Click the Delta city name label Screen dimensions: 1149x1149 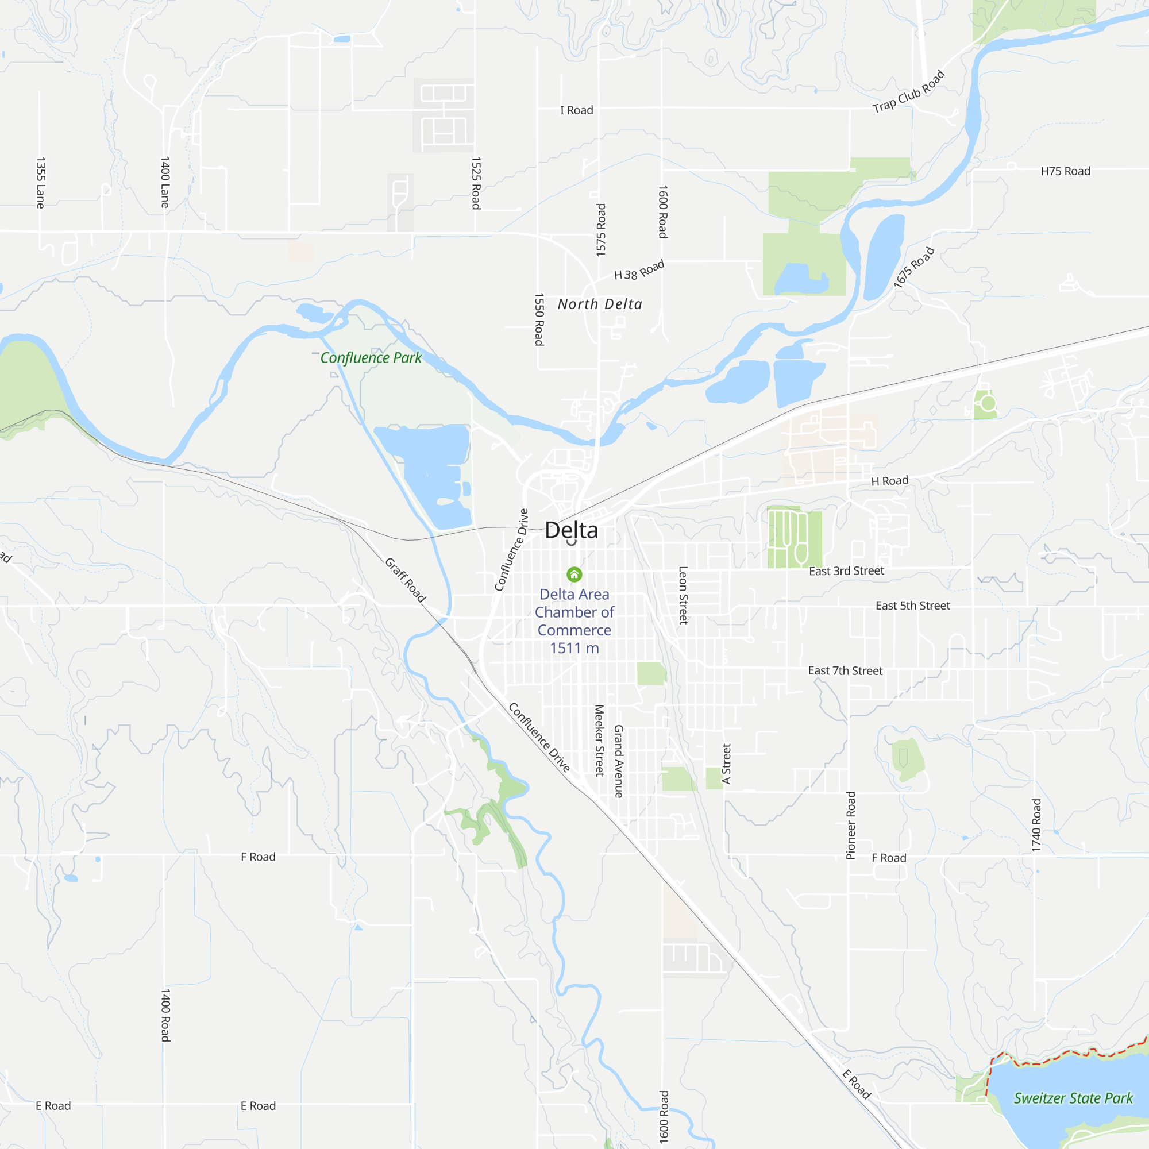pos(571,530)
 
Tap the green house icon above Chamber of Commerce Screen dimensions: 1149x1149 pos(574,574)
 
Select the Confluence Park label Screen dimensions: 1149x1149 pos(371,357)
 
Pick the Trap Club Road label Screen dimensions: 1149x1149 pos(908,91)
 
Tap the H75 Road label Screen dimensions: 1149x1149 pos(1065,171)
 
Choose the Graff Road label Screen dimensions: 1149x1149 pos(406,580)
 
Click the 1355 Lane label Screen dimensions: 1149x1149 pos(40,183)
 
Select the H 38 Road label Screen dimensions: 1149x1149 pos(639,270)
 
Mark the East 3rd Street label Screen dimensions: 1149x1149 pos(846,571)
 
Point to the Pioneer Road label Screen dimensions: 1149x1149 pos(850,825)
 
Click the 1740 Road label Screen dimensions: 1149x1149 pos(1036,825)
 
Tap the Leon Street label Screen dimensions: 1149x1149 pos(683,595)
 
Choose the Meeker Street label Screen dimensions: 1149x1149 pos(599,741)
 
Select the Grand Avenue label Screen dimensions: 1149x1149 pos(619,761)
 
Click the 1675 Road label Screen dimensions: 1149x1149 pos(913,268)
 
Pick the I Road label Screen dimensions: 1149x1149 pos(576,110)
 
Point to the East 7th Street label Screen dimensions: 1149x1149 pos(845,671)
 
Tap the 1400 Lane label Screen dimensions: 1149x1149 pos(165,182)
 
